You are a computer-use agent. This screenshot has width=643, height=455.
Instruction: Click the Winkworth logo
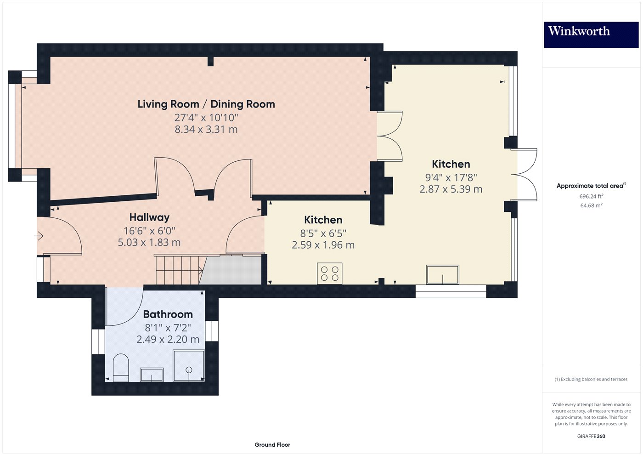tap(591, 34)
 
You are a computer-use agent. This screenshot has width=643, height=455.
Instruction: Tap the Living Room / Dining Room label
tap(206, 104)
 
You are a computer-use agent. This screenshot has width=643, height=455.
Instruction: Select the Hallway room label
tap(149, 217)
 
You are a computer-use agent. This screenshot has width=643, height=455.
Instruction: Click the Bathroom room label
tap(168, 314)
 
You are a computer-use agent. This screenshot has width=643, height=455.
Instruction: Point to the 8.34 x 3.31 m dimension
tap(206, 130)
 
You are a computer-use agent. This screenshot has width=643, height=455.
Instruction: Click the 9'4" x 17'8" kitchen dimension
tap(451, 177)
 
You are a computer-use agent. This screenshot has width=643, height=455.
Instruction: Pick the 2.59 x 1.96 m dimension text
tap(323, 245)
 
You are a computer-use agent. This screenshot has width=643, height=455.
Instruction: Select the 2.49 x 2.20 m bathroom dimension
tap(168, 340)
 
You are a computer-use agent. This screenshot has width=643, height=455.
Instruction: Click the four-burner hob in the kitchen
tap(329, 273)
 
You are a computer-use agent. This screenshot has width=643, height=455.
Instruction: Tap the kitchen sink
tap(442, 275)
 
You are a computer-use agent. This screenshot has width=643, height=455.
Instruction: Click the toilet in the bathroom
tap(121, 367)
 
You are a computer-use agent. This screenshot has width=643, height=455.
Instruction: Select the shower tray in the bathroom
tap(189, 365)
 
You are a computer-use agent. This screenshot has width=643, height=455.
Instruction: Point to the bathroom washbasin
tap(152, 375)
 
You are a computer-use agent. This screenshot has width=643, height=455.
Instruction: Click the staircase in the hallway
tap(179, 270)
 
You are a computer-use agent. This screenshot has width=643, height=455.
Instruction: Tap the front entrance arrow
tap(39, 236)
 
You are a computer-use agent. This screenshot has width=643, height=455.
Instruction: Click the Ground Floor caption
tap(272, 445)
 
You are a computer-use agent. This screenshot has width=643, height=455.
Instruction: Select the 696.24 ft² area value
tap(591, 196)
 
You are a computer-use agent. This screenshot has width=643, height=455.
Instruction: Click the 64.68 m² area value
tap(591, 205)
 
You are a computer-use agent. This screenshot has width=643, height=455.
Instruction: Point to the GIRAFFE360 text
tap(591, 436)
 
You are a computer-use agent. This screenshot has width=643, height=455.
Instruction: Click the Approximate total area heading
tap(591, 186)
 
